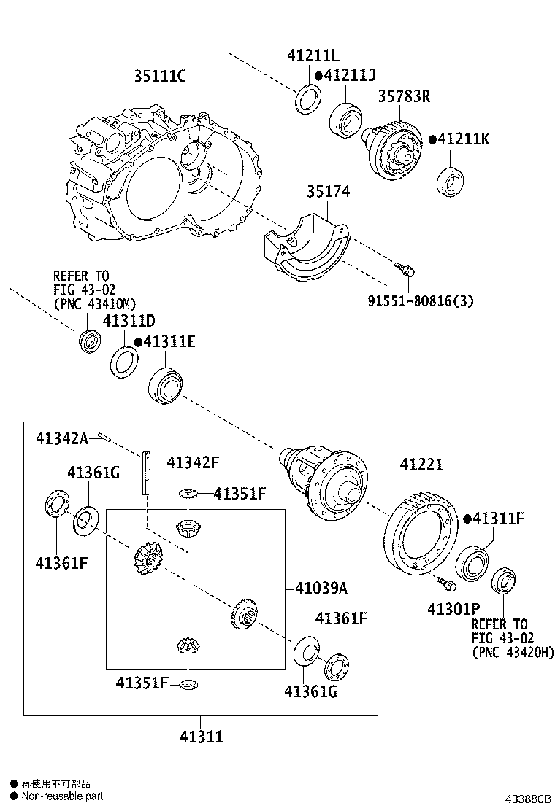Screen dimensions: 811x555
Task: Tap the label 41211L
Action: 313,55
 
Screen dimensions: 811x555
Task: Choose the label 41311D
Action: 129,321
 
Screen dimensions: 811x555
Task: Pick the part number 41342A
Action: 62,438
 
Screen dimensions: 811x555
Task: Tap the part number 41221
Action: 421,465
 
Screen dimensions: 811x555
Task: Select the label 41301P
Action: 453,608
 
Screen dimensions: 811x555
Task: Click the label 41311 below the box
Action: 201,737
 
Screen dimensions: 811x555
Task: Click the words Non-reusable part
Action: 62,796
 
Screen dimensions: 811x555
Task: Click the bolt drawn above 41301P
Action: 446,583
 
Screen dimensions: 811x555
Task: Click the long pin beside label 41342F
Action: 147,473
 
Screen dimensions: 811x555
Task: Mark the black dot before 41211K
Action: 432,139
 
